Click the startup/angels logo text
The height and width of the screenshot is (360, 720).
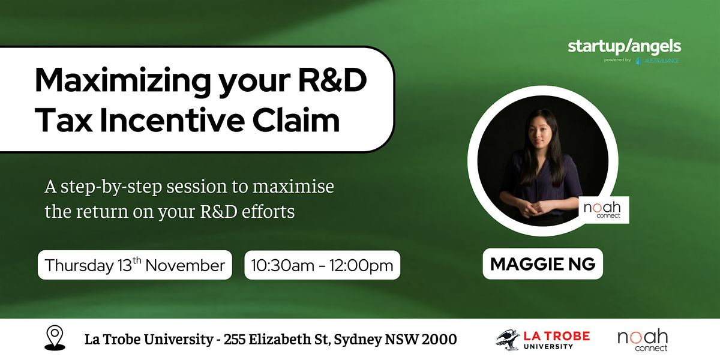point(624,47)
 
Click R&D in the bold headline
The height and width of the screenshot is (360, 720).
point(332,80)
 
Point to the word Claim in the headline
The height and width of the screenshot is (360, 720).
point(296,120)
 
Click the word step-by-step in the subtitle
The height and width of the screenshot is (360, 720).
point(111,187)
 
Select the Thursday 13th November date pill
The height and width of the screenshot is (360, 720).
point(134,265)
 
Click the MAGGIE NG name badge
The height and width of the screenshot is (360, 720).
point(542,264)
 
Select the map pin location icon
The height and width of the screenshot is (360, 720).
point(55,338)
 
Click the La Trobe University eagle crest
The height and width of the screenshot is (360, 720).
point(508,340)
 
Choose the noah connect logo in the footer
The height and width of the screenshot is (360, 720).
point(643,340)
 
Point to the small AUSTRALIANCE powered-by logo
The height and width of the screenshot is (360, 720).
point(658,61)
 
